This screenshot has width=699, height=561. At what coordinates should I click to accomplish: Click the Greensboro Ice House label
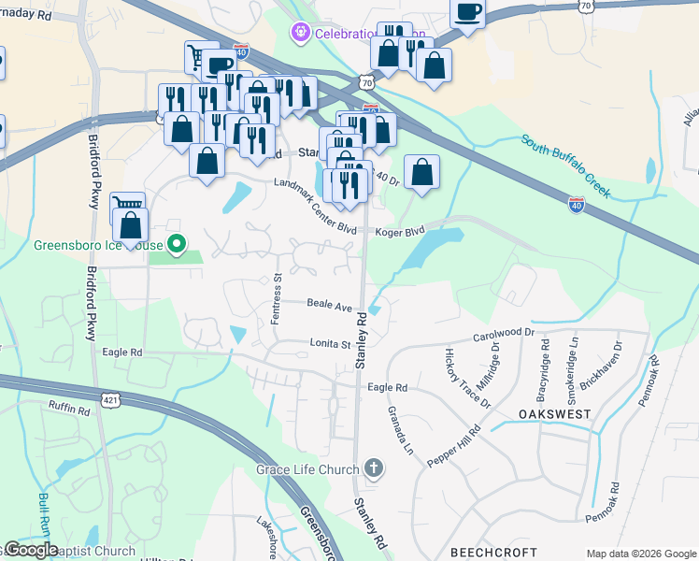97,247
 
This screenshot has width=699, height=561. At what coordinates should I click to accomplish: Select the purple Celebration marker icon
300,34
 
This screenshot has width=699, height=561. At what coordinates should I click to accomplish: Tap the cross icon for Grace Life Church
374,467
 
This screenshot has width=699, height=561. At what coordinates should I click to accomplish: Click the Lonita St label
329,344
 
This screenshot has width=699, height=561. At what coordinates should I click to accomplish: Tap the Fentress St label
276,299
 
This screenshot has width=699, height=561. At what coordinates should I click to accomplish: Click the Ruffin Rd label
70,409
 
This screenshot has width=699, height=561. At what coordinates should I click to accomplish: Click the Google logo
32,549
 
